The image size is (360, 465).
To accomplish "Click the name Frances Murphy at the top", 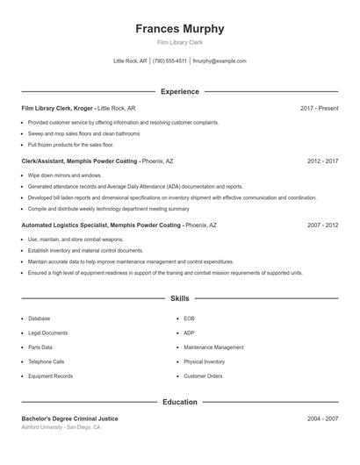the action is point(179,28).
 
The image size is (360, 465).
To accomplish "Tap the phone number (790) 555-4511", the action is point(169,61).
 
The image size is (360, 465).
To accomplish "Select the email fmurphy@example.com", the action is point(220,61).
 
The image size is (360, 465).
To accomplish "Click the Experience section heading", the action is point(179,91).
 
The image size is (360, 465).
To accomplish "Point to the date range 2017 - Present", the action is point(319,108).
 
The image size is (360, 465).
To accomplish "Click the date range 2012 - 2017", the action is point(322,161).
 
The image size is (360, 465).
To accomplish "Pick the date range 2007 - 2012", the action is point(322,225).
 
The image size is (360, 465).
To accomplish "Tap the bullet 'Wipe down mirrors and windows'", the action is point(65,175).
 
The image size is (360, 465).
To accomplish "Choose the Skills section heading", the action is point(179,299).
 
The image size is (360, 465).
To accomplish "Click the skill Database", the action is point(39,318).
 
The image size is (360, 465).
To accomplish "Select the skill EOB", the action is point(189,318).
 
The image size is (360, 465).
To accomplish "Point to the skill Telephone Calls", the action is point(46,361).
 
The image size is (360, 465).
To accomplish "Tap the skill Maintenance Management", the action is point(213,347).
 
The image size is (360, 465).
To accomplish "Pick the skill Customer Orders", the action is point(203,376).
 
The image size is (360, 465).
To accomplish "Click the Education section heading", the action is point(179,402).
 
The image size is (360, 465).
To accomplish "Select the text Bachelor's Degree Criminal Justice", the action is point(69,418).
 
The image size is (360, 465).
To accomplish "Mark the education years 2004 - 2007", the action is point(322,418).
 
